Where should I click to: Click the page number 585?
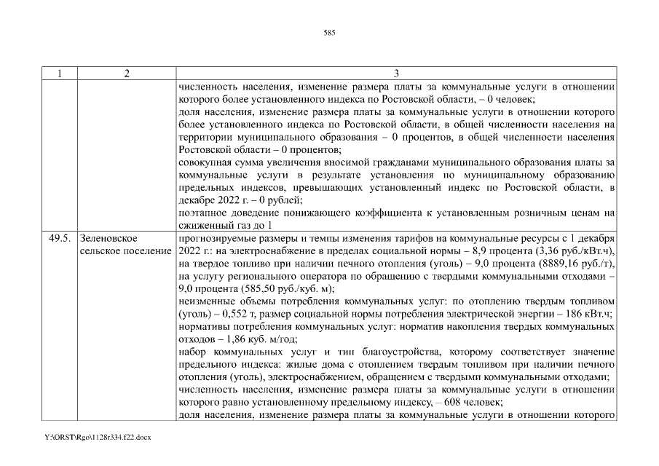329,32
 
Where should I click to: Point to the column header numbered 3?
397,74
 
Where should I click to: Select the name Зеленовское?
109,237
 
